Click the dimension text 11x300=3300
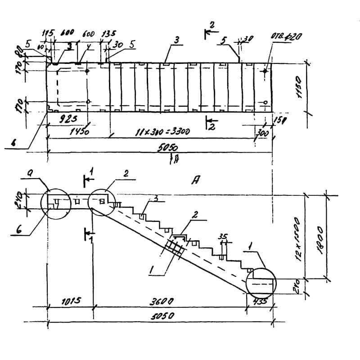(163, 132)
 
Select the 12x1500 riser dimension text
(310, 245)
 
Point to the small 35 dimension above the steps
(222, 236)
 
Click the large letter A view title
(196, 180)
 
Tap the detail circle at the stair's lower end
(261, 281)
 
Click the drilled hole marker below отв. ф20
(265, 71)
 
